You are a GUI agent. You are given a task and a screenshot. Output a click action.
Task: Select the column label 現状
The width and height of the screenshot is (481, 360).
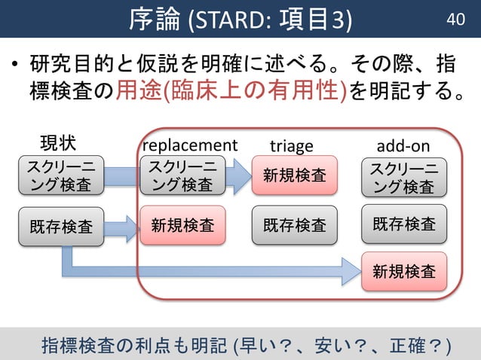58,144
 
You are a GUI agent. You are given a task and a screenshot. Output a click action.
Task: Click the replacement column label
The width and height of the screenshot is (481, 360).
189,145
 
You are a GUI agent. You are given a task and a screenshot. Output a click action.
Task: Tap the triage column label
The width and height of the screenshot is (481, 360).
291,145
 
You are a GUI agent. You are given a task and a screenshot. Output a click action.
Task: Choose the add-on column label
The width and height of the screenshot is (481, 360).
403,145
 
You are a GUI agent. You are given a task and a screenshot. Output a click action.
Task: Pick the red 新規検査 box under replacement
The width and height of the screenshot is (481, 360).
182,224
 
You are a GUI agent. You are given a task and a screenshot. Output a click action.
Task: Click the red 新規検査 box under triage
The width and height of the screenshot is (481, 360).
294,175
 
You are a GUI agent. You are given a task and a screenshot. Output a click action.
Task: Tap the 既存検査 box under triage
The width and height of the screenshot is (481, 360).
294,224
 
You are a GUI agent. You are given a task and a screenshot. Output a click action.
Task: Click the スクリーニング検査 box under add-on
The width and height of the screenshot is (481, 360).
403,175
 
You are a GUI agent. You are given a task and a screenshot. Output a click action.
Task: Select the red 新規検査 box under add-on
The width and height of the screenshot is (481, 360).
403,271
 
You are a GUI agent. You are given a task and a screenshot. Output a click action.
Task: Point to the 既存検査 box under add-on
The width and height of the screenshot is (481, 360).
403,224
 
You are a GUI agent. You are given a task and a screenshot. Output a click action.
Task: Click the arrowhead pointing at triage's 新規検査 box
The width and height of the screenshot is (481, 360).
240,176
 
